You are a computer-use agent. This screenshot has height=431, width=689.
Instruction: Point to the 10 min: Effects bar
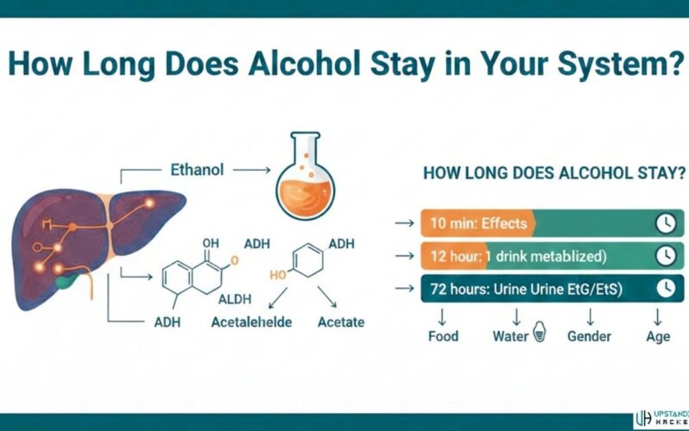point(478,224)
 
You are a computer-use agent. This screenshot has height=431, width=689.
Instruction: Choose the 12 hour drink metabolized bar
point(534,256)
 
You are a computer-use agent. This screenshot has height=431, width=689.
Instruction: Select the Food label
point(444,336)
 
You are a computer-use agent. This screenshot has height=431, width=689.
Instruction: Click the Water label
point(510,336)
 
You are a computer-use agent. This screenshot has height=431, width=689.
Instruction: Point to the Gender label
point(588,336)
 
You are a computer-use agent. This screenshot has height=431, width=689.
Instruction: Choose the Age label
point(658,336)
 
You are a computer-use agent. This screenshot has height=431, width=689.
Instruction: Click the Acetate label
point(340,322)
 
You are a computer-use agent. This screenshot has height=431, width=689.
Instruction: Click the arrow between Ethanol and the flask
point(250,172)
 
